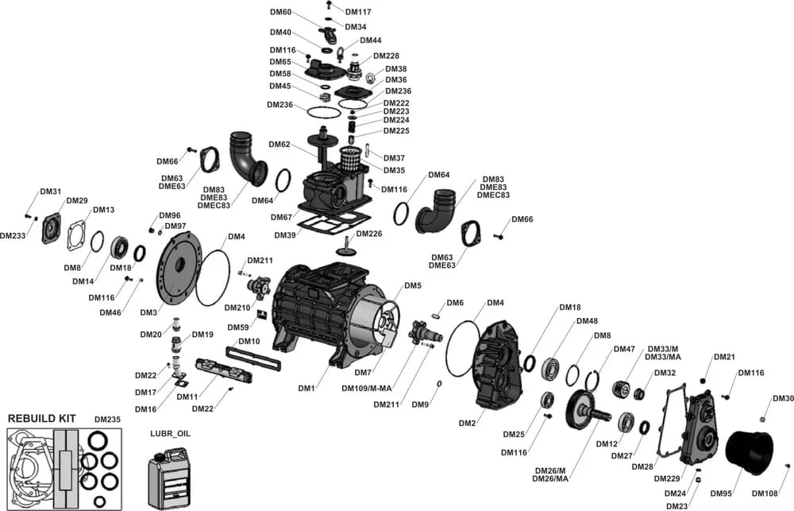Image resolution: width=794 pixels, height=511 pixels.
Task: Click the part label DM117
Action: pyautogui.click(x=358, y=12)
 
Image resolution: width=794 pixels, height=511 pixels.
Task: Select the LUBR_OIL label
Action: pyautogui.click(x=171, y=434)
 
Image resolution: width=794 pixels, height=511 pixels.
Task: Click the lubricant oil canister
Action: pyautogui.click(x=172, y=477)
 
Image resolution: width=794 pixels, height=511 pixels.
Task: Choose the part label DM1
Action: pyautogui.click(x=307, y=388)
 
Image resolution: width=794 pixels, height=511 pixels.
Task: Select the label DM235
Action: pyautogui.click(x=107, y=419)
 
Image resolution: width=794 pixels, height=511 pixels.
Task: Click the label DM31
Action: pyautogui.click(x=50, y=192)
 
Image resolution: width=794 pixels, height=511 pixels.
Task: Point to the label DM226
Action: pyautogui.click(x=369, y=234)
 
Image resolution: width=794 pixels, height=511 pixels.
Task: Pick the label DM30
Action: pyautogui.click(x=783, y=398)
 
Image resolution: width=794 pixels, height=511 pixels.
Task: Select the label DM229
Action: pyautogui.click(x=667, y=478)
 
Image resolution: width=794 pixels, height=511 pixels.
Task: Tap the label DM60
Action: pyautogui.click(x=281, y=13)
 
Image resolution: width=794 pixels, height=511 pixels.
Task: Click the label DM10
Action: pyautogui.click(x=249, y=341)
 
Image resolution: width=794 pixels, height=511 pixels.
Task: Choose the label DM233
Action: pyautogui.click(x=13, y=235)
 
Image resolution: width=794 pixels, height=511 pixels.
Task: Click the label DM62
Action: pyautogui.click(x=279, y=145)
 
